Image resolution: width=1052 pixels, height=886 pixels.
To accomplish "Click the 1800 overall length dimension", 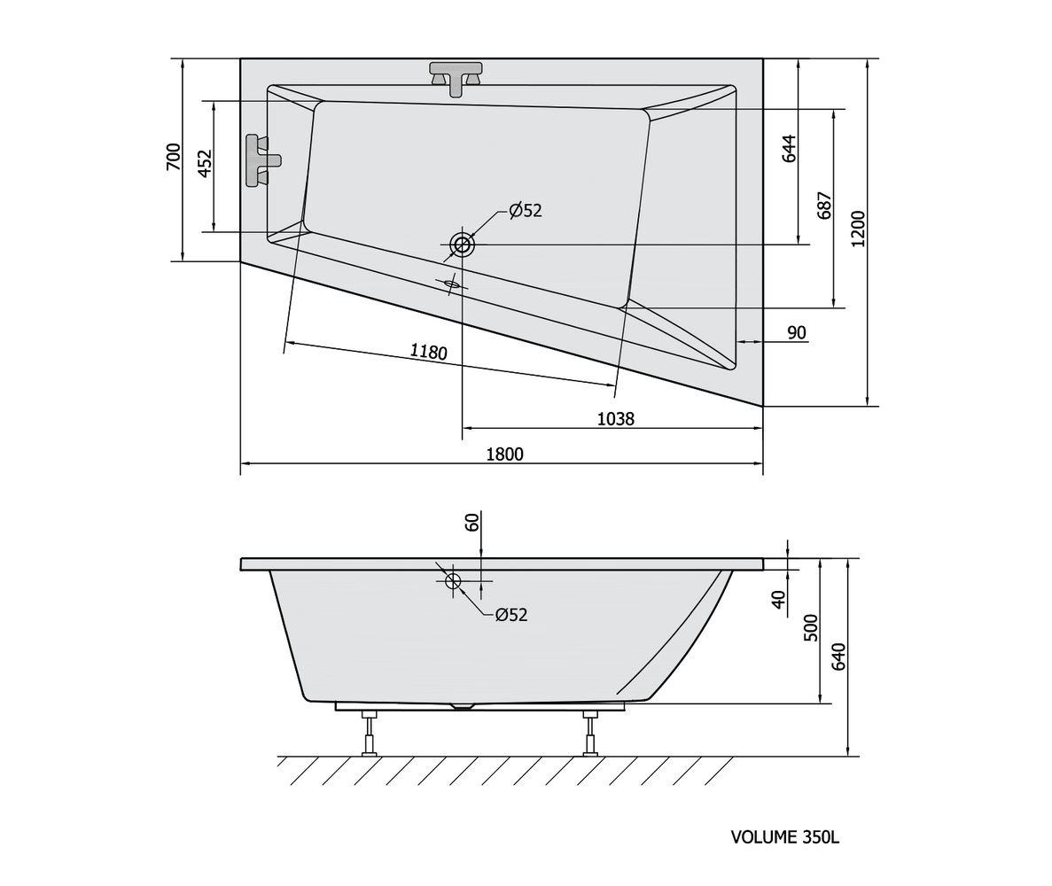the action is [504, 454].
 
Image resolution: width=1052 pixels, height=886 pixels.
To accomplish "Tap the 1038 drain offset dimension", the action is [615, 419].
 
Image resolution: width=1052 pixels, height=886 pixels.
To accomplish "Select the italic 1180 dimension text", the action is [429, 351].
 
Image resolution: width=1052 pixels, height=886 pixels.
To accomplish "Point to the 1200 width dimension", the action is [858, 229].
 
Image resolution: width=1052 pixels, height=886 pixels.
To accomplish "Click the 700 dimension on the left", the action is [173, 156].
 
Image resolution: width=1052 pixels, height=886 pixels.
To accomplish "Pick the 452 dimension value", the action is [205, 164].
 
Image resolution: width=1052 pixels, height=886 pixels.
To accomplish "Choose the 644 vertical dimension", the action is [789, 149].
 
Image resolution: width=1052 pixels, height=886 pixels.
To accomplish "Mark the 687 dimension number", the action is [824, 206].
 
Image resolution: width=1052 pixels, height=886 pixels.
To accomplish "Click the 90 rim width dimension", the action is [797, 332].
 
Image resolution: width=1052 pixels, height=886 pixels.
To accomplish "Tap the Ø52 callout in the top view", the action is [526, 211].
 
